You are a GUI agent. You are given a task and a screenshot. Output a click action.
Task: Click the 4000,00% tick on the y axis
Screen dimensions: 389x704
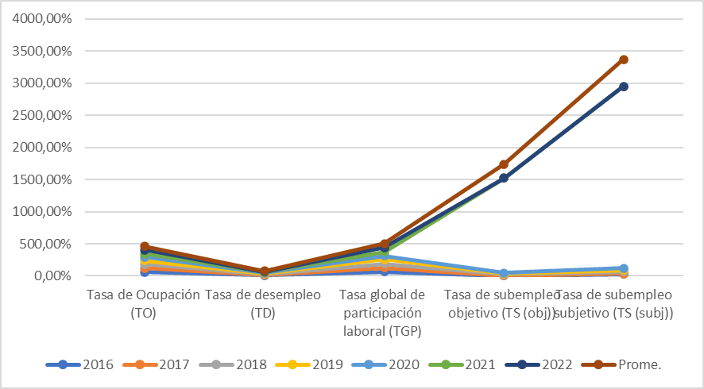(x=43, y=19)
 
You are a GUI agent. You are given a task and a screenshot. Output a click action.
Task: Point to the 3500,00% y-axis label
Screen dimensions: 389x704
(x=43, y=51)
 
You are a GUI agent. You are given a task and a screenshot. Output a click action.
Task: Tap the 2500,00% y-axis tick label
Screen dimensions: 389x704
(x=43, y=115)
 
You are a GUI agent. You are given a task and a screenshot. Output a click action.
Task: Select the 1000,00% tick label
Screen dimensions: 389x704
(x=43, y=212)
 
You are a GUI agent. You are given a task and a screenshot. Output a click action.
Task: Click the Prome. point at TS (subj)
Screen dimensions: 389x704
(x=624, y=60)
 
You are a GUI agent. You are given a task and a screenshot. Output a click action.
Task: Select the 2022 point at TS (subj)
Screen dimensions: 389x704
(x=624, y=87)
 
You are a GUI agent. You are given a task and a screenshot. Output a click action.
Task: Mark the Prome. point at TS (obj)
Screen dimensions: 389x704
(x=504, y=164)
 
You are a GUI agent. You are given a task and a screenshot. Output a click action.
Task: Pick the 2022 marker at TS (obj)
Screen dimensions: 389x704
(x=504, y=178)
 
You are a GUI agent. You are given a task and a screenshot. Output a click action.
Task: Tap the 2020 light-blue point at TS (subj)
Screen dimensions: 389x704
(x=624, y=268)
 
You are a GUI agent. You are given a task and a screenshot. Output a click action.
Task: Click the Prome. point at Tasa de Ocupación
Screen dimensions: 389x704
(x=145, y=247)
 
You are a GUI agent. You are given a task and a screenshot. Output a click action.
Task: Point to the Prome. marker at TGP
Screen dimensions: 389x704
(x=384, y=244)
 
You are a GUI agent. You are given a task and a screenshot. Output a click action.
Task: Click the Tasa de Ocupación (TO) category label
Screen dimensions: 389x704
(x=144, y=303)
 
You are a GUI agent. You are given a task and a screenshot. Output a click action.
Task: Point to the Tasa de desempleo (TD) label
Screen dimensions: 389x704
(x=263, y=303)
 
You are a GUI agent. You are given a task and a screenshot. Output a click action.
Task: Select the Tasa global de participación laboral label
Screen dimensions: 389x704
(x=384, y=312)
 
